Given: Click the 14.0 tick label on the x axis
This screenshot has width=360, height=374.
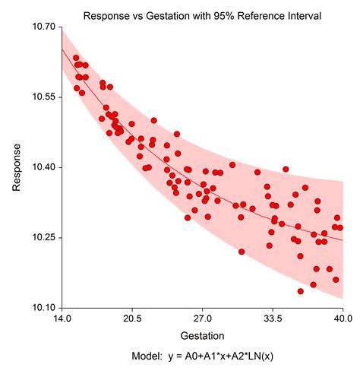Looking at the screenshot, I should click(x=62, y=319).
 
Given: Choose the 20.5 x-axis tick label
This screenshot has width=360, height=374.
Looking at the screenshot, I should click(x=132, y=319).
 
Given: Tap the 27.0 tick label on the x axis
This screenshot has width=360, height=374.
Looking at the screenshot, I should click(x=203, y=319).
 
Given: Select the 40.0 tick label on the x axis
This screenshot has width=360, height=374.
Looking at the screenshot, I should click(x=343, y=319).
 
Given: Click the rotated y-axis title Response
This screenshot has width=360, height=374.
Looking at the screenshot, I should click(x=16, y=167).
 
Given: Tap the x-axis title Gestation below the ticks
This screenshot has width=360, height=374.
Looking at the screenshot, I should click(x=202, y=335).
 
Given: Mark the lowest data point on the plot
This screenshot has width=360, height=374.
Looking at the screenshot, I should click(x=301, y=291).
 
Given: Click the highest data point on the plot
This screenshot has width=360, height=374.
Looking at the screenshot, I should click(x=75, y=58).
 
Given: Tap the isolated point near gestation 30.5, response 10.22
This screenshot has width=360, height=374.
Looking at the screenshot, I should click(x=242, y=252).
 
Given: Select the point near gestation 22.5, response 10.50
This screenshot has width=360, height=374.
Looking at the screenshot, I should click(x=153, y=120).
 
